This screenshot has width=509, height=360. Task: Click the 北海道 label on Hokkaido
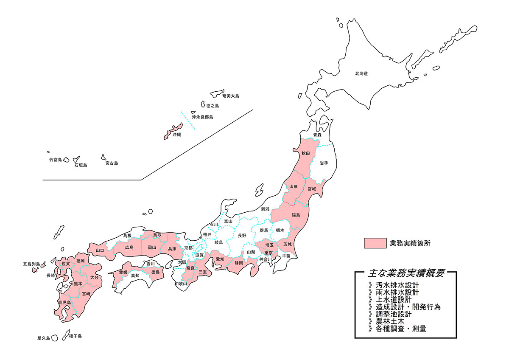pyautogui.click(x=361, y=73)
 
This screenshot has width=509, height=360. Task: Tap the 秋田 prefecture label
pyautogui.click(x=306, y=152)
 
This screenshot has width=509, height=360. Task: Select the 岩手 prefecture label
pyautogui.click(x=324, y=163)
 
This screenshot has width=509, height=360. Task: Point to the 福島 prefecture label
pyautogui.click(x=296, y=215)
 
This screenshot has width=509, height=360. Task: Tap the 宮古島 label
pyautogui.click(x=112, y=163)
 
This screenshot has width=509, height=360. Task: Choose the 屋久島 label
pyautogui.click(x=44, y=338)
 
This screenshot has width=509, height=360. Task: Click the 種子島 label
pyautogui.click(x=75, y=336)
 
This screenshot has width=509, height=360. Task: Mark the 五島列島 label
pyautogui.click(x=31, y=264)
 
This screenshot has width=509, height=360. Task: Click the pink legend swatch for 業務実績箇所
pyautogui.click(x=375, y=243)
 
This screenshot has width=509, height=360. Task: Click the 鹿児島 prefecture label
pyautogui.click(x=64, y=302)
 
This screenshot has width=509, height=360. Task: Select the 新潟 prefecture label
pyautogui.click(x=265, y=209)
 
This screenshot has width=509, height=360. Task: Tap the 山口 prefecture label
pyautogui.click(x=100, y=250)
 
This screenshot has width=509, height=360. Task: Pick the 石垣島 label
pyautogui.click(x=80, y=165)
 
